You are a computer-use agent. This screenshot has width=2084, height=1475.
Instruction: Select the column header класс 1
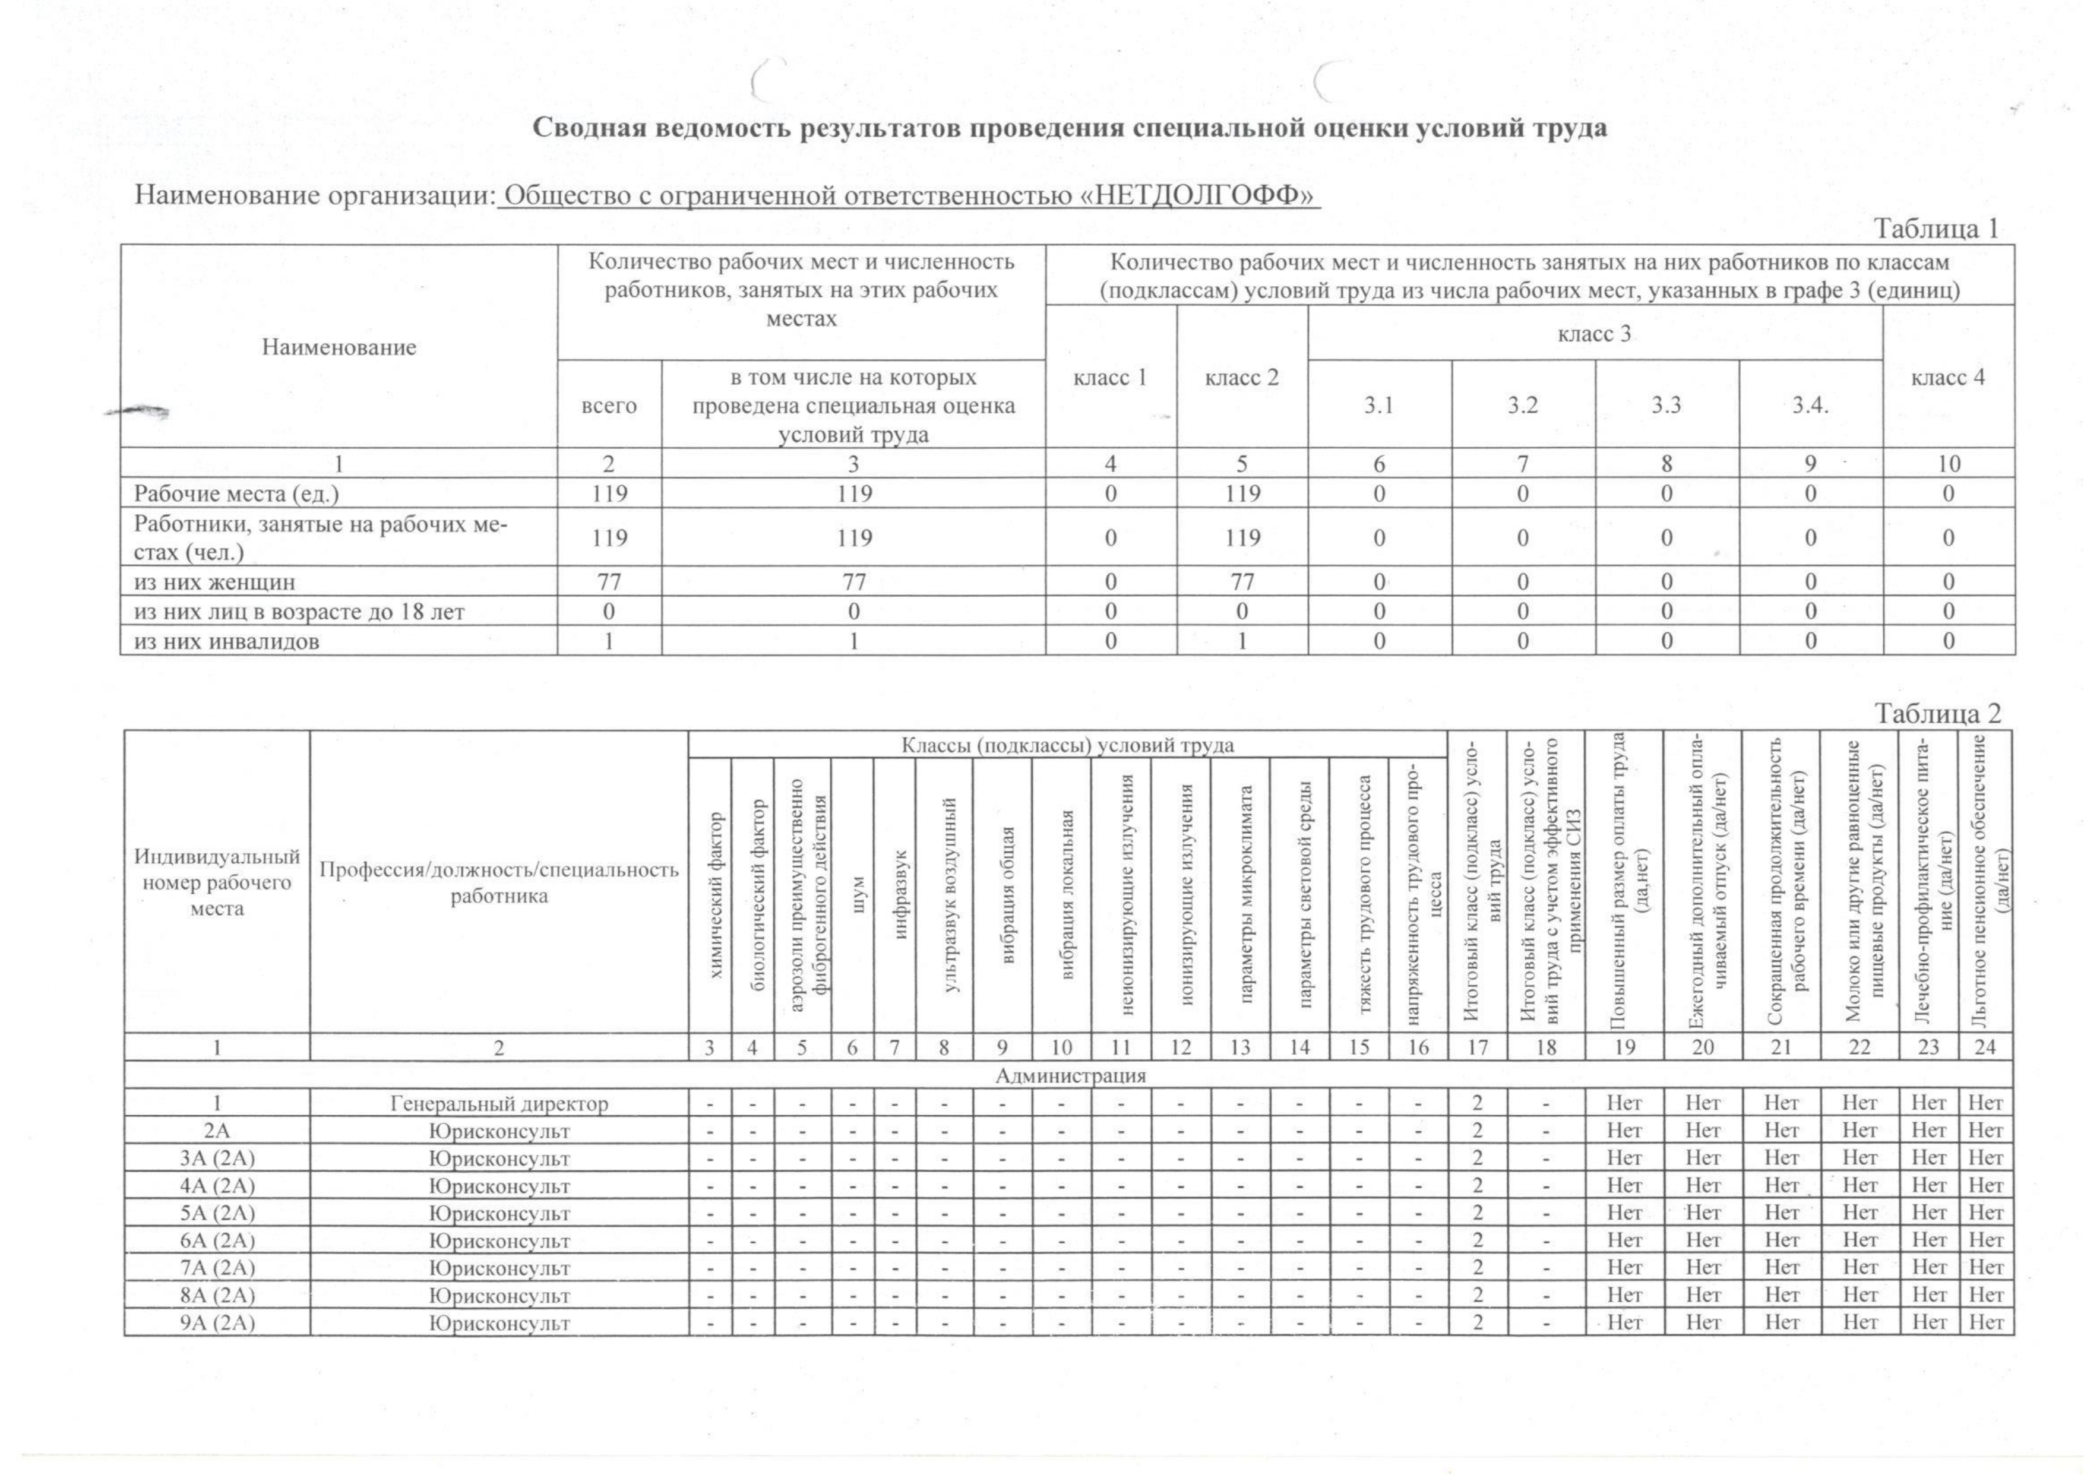point(1110,377)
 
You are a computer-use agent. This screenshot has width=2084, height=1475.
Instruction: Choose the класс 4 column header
point(1948,377)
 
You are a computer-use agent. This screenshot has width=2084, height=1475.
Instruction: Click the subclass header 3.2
point(1523,405)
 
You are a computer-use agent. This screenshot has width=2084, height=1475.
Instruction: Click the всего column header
point(609,405)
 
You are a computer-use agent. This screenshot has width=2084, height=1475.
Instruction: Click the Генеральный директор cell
point(499,1103)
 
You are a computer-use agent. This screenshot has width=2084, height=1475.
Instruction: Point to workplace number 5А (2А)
point(217,1213)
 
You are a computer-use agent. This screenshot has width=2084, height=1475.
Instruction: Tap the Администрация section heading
point(1070,1075)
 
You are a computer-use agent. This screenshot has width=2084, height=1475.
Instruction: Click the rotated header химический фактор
point(716,895)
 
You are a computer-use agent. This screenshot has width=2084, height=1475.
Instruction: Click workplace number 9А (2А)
point(217,1322)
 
